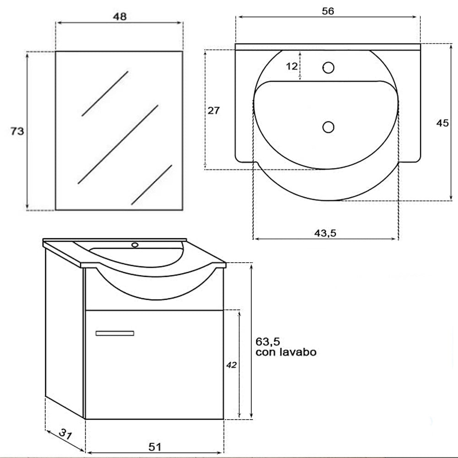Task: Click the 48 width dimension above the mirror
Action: tap(120, 16)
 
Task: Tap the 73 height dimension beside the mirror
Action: tap(17, 131)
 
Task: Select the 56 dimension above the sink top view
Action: tap(328, 11)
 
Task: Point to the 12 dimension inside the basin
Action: tap(292, 66)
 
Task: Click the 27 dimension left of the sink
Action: tap(214, 110)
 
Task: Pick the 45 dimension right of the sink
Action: tap(442, 123)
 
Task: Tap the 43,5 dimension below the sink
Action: tap(325, 233)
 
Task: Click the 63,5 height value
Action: tap(268, 341)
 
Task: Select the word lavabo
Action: tap(298, 352)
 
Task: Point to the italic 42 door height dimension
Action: tap(232, 365)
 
